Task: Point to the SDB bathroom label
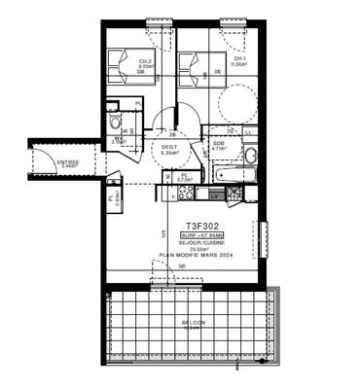coord(219,146)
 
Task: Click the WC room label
coord(116,139)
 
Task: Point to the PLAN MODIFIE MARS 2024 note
coord(197,258)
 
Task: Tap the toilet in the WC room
coord(115,124)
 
